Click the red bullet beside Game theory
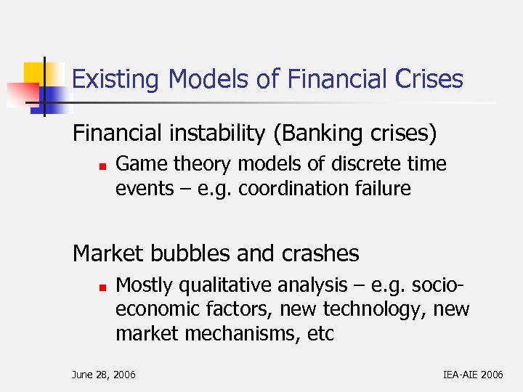(x=103, y=166)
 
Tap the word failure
(x=384, y=189)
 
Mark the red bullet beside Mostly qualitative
(x=103, y=286)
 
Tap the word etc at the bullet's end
(x=320, y=335)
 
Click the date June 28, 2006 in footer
(x=104, y=375)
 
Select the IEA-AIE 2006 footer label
(x=472, y=375)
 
